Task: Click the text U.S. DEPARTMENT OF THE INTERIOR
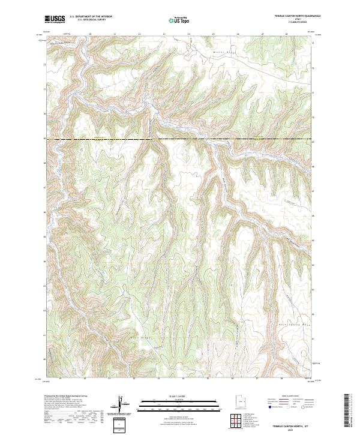[91, 17]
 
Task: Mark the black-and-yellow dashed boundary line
[180, 140]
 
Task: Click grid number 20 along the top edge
[90, 34]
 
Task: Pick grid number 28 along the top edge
[287, 34]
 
